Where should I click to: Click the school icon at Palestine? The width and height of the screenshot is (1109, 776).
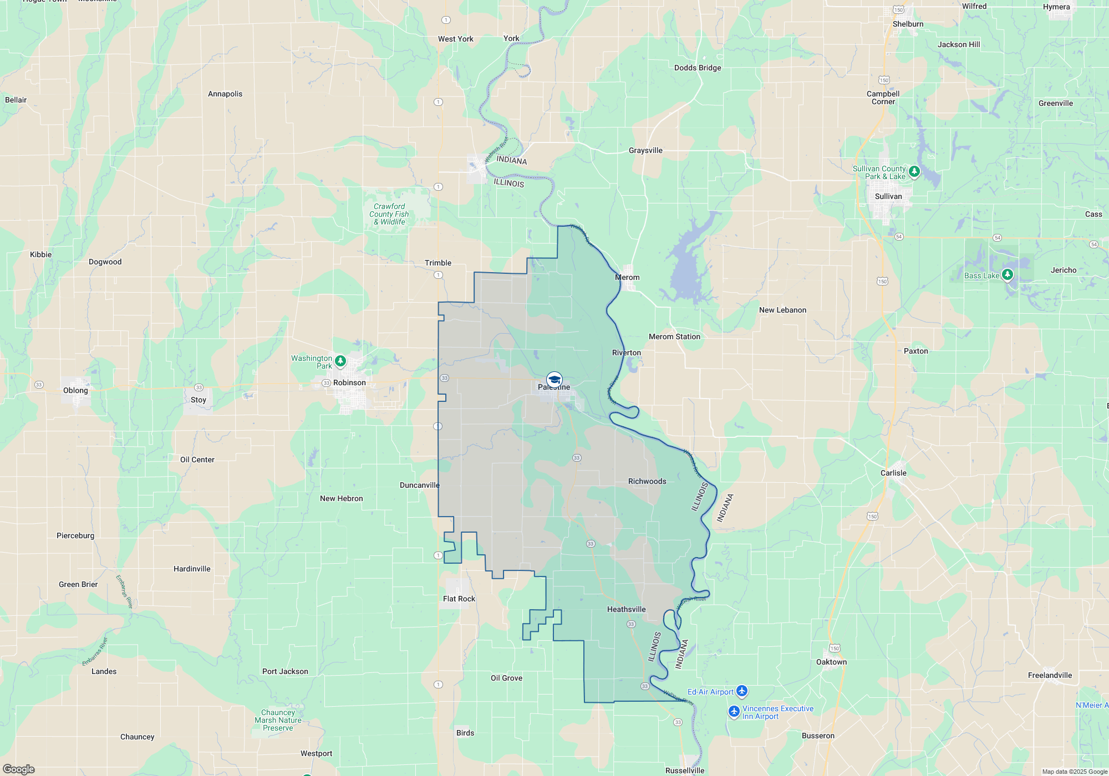point(554,380)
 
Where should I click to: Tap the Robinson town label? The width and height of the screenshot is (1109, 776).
point(349,382)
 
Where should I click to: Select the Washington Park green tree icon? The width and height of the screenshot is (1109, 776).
point(340,361)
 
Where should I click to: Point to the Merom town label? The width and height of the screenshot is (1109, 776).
point(627,277)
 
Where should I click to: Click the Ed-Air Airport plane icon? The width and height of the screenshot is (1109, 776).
point(742,691)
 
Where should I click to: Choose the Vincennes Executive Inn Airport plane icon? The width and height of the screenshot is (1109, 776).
point(734,711)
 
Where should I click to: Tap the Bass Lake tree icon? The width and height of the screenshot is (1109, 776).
point(1008,274)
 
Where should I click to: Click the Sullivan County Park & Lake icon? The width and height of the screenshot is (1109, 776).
point(914,171)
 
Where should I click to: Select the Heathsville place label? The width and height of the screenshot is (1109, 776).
point(626,609)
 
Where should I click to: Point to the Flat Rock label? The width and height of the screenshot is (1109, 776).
point(459,599)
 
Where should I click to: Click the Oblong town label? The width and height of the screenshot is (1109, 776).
point(75,390)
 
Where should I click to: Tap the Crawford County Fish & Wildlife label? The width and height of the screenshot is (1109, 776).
point(389,214)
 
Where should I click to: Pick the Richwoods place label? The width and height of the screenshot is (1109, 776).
point(647,481)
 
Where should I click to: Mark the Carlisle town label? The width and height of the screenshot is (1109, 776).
point(893,473)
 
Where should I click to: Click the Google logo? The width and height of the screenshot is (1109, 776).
point(19,769)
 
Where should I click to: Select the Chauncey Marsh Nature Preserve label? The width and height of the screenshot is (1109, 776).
point(278,720)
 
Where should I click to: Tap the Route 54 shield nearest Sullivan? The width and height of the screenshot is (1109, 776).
point(899,237)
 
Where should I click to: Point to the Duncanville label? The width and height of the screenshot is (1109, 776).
point(419,485)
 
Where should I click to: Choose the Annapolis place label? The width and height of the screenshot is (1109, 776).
point(225,94)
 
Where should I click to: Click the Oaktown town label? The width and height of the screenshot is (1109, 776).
point(831,662)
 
